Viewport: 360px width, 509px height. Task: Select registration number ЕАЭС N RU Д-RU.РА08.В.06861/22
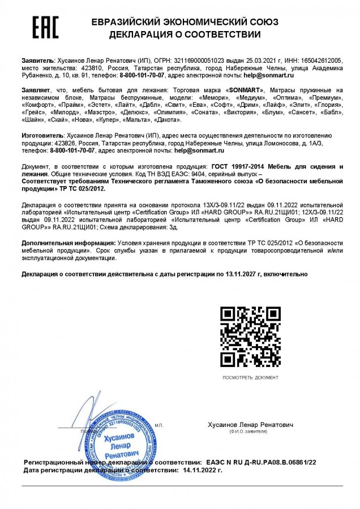(x=268, y=463)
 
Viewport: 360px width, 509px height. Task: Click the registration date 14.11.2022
(x=199, y=470)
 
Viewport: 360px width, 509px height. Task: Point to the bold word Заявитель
(x=38, y=60)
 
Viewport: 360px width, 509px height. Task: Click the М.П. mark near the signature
(x=158, y=424)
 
